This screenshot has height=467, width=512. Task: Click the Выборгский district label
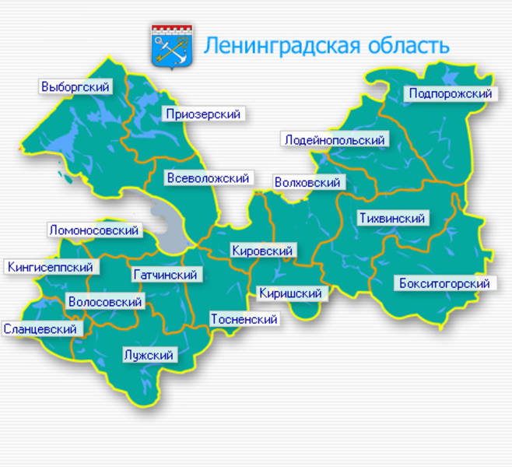75,87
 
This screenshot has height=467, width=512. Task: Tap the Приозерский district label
203,114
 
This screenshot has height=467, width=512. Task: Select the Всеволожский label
208,178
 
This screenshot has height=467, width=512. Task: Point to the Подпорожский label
451,94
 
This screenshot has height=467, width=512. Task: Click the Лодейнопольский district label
335,140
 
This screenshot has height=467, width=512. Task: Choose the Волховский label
308,182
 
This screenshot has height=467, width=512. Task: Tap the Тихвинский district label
392,219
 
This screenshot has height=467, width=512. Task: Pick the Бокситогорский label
444,283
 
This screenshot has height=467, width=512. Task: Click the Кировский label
262,251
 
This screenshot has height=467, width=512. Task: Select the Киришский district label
290,293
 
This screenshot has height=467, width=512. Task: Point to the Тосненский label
244,319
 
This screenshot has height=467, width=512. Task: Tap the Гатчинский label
166,275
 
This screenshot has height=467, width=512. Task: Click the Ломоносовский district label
93,230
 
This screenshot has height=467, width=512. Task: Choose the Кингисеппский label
51,267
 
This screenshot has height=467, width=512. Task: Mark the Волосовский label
105,302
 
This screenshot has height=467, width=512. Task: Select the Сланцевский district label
40,329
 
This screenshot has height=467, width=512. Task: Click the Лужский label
148,356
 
